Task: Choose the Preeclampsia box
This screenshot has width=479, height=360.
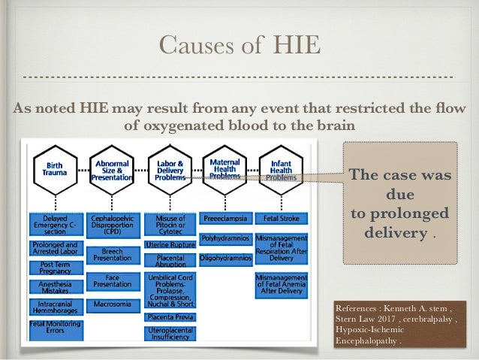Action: (224, 219)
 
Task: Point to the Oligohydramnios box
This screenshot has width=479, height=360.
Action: (224, 258)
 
